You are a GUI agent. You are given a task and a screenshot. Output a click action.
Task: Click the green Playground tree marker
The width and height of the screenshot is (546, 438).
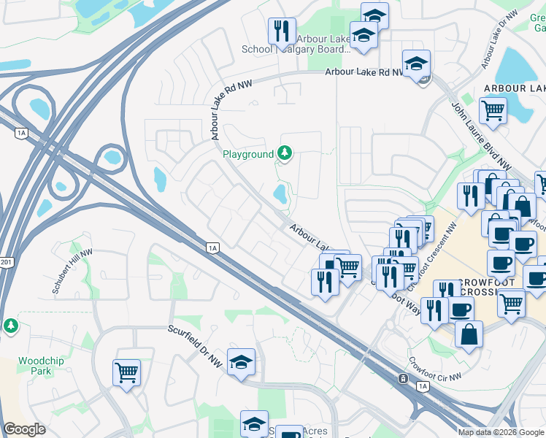[285, 153]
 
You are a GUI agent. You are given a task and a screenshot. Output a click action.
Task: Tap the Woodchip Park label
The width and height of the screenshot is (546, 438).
[35, 366]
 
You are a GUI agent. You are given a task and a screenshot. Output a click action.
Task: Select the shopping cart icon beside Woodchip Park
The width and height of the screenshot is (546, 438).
[126, 372]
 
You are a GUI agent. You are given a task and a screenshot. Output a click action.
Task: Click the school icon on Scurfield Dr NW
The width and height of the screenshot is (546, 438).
[241, 361]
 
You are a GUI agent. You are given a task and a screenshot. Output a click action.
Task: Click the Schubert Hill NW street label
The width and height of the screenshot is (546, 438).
[72, 271]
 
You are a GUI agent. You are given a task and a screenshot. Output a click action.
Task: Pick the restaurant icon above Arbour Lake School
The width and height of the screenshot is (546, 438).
[282, 31]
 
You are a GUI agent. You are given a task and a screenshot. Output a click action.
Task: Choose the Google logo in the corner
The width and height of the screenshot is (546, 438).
[24, 429]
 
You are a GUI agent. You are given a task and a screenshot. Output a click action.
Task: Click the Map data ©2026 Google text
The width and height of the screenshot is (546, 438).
[501, 432]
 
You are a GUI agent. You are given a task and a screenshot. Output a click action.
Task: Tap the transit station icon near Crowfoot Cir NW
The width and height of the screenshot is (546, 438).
[402, 379]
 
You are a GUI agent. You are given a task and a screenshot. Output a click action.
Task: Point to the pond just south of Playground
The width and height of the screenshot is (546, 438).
[279, 194]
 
